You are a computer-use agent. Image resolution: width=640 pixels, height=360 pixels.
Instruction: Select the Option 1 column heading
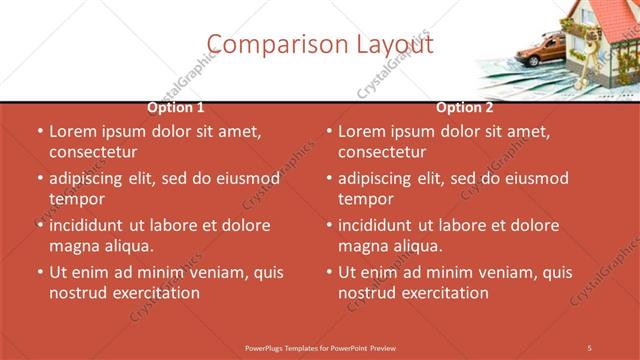pos(176,107)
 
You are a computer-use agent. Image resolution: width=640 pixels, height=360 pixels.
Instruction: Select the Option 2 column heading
pos(465,107)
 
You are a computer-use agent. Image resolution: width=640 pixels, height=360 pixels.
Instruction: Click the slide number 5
pos(590,347)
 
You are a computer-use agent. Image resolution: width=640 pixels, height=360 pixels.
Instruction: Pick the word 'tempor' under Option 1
pos(76,199)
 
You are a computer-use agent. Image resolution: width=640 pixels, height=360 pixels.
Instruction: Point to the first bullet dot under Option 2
pos(329,132)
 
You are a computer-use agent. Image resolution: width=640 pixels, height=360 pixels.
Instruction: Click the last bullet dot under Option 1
pos(39,272)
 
